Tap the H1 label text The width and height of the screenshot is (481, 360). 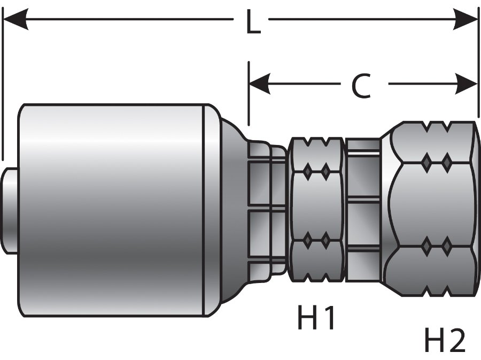tap(316, 319)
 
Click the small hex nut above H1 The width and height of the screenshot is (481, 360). tap(316, 210)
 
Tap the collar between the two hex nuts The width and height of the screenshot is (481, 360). tap(362, 210)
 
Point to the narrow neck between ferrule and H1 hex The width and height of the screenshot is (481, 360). tap(267, 210)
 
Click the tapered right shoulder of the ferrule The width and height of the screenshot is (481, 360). tap(232, 210)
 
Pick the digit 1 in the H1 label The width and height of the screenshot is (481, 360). tap(328, 319)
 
